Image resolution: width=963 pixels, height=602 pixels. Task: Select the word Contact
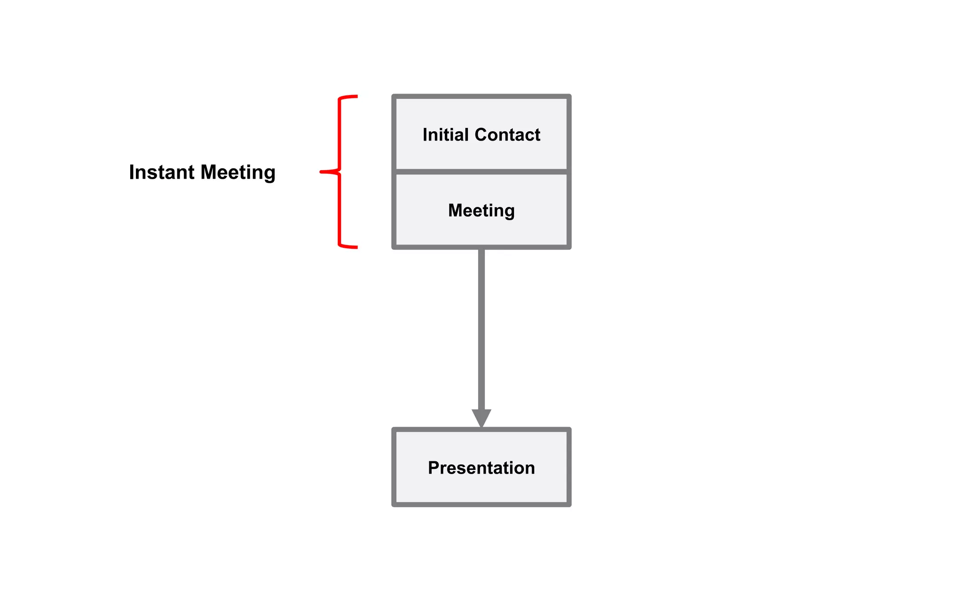tap(507, 135)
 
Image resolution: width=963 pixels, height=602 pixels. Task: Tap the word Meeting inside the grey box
tap(481, 210)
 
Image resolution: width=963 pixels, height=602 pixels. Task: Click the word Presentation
tap(481, 468)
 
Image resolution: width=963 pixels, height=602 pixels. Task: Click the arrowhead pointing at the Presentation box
tap(481, 418)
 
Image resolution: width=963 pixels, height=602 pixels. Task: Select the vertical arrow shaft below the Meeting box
tap(481, 329)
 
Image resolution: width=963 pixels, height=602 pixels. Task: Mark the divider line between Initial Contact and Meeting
tap(481, 172)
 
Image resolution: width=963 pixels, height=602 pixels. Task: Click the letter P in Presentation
tap(434, 468)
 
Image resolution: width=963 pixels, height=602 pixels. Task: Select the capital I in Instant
tap(132, 172)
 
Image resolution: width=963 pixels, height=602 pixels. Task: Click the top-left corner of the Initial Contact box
tap(394, 97)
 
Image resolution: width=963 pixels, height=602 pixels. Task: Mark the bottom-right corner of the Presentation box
tap(569, 504)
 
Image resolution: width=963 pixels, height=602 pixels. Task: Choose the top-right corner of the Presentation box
tap(569, 430)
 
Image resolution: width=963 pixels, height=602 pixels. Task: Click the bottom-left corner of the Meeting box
tap(394, 246)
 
